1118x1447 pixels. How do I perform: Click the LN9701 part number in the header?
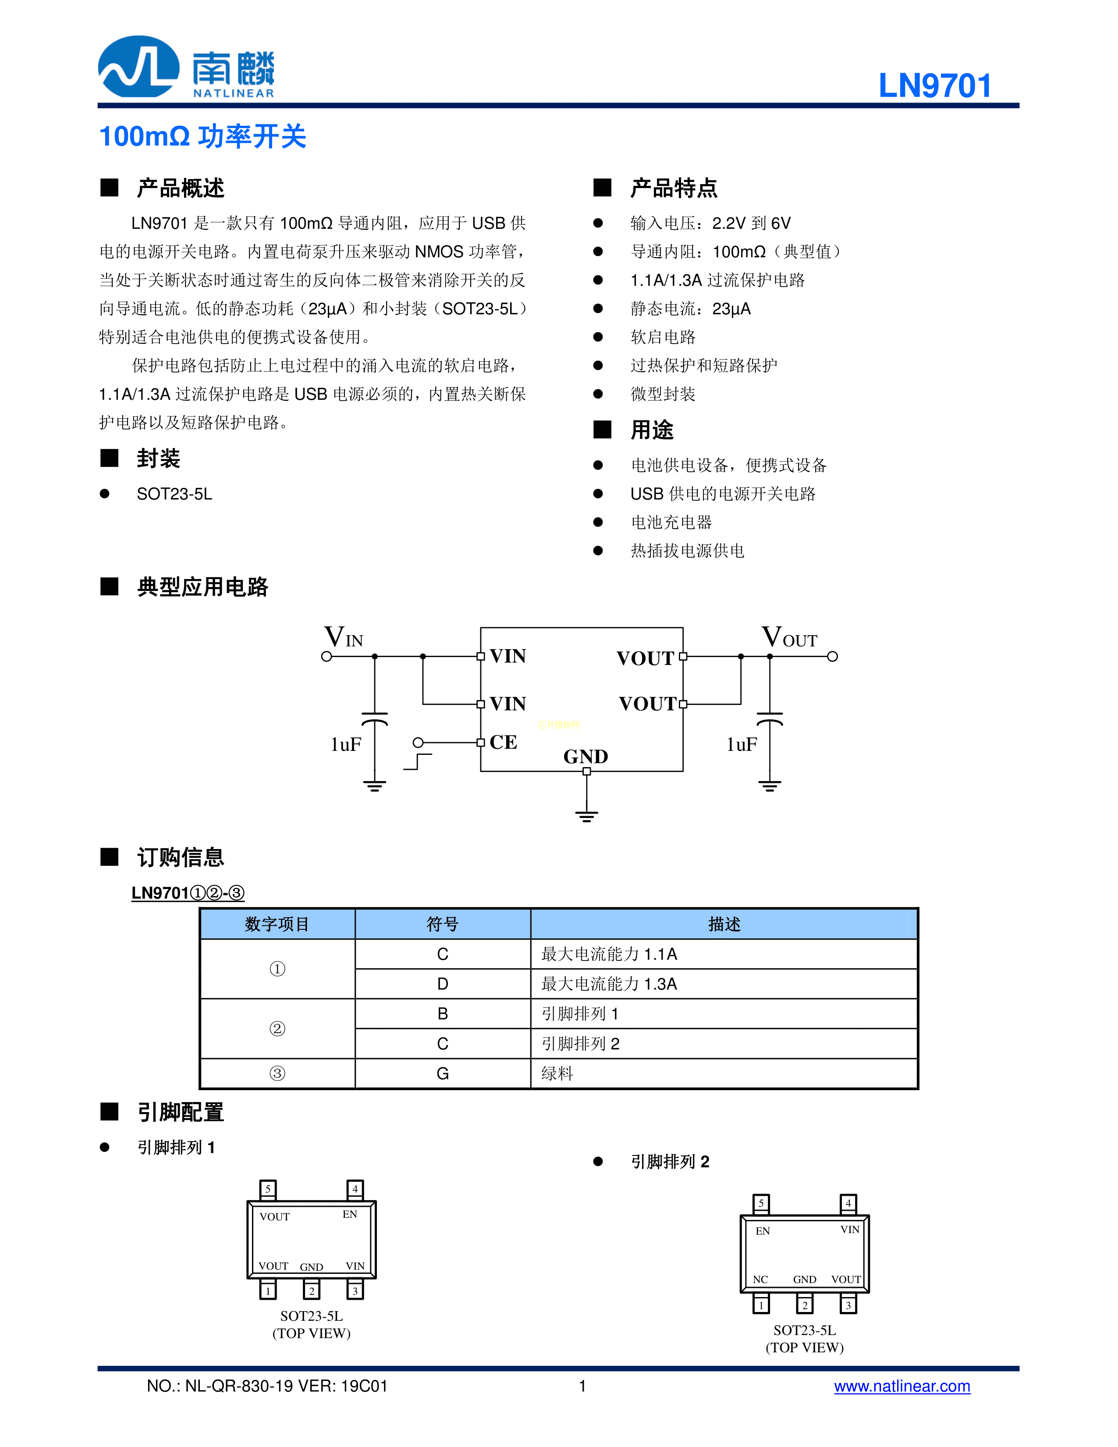(x=934, y=85)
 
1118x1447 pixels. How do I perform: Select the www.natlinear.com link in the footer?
(x=901, y=1386)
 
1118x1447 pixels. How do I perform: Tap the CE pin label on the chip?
(x=504, y=742)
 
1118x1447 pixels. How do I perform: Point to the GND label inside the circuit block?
(x=586, y=757)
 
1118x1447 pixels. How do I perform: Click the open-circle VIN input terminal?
(x=327, y=657)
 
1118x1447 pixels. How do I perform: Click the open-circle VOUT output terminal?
(x=833, y=657)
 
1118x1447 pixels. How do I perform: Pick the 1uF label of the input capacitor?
(x=346, y=745)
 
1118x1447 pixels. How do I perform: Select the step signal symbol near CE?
(x=417, y=762)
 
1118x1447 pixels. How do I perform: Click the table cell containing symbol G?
(x=443, y=1074)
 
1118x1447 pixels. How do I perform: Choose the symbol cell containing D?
(x=443, y=984)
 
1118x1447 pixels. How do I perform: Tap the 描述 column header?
(x=724, y=924)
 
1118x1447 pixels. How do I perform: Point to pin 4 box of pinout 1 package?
(x=355, y=1189)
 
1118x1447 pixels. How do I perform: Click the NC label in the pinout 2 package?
(x=760, y=1280)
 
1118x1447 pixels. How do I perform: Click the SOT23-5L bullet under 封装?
(x=174, y=494)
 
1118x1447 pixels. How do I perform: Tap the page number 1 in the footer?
(x=582, y=1386)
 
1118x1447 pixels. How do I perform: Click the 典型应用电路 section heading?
(x=202, y=587)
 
